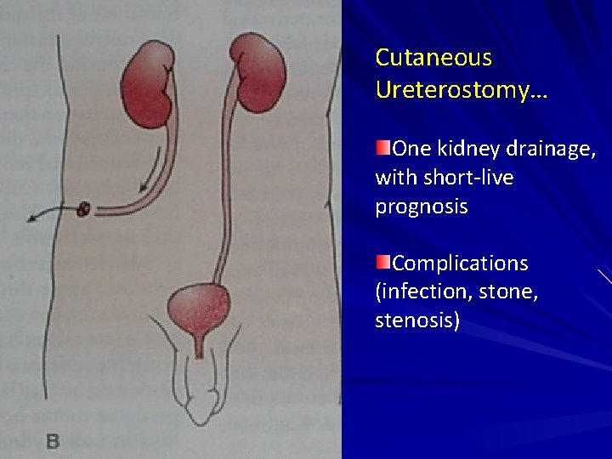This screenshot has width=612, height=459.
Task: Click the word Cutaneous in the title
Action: click(433, 58)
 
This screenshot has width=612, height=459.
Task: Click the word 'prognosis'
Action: click(422, 207)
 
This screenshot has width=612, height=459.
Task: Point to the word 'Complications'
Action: click(461, 263)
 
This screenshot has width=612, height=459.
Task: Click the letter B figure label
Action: click(52, 441)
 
